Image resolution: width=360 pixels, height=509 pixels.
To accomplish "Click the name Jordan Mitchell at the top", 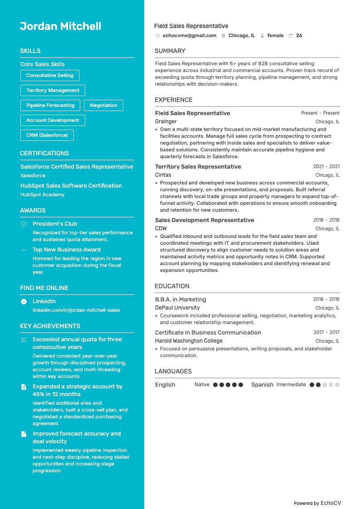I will pyautogui.click(x=60, y=26).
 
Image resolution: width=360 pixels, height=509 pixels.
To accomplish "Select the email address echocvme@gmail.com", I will pyautogui.click(x=190, y=35).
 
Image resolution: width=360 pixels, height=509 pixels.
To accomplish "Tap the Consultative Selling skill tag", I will pyautogui.click(x=50, y=75).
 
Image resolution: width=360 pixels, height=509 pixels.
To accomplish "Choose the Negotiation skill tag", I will pyautogui.click(x=103, y=105).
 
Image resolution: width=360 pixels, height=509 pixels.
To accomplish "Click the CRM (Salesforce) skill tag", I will pyautogui.click(x=47, y=135).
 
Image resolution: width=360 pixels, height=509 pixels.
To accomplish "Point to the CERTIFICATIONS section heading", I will pyautogui.click(x=44, y=153).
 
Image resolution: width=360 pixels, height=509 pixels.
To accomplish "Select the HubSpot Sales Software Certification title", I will pyautogui.click(x=71, y=185).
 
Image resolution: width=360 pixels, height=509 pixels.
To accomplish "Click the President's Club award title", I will pyautogui.click(x=55, y=223).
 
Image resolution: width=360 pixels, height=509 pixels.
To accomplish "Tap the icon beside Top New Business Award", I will pyautogui.click(x=24, y=250).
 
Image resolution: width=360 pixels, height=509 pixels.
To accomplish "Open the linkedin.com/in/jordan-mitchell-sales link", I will pyautogui.click(x=76, y=310).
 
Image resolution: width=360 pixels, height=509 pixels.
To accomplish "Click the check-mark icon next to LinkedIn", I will pyautogui.click(x=24, y=301).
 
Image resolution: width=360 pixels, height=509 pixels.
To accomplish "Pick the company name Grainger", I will pyautogui.click(x=166, y=121).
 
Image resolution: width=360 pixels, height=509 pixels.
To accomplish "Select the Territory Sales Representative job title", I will pyautogui.click(x=198, y=166).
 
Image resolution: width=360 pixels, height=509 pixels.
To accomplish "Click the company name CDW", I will pyautogui.click(x=161, y=228).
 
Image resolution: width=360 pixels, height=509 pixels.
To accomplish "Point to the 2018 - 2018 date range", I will pyautogui.click(x=326, y=220).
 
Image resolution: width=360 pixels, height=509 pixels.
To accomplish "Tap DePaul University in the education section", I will pyautogui.click(x=177, y=308).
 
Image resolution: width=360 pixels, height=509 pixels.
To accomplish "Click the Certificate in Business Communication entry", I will pyautogui.click(x=208, y=332).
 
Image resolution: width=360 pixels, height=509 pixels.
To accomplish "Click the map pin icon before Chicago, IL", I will pyautogui.click(x=224, y=35).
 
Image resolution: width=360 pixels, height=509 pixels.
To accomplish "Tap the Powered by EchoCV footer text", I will pyautogui.click(x=317, y=503).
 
